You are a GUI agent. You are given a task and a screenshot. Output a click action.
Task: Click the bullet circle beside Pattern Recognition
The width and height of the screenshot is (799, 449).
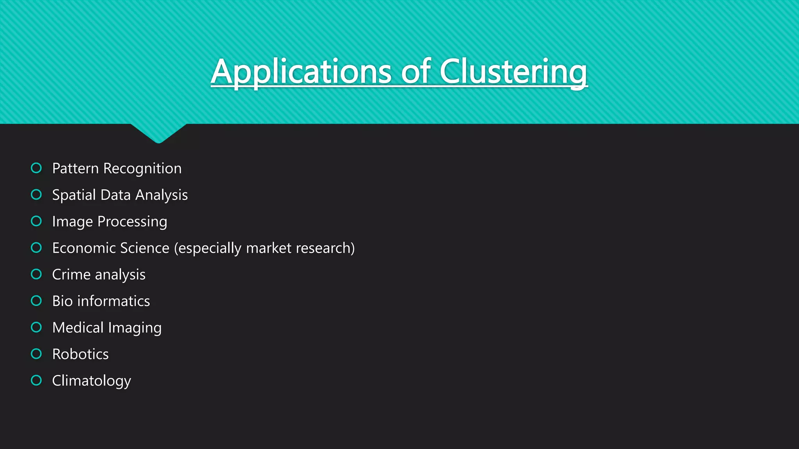point(36,168)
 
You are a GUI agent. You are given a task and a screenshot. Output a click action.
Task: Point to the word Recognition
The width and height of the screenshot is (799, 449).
point(142,168)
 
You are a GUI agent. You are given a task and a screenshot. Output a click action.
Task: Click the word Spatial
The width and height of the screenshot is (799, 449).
point(74,195)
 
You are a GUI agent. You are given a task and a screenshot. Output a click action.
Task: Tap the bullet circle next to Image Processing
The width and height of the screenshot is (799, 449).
point(36,221)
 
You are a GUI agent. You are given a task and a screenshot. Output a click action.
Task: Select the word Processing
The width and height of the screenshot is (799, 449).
point(132,221)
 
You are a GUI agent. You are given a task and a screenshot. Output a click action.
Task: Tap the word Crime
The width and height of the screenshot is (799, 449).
point(71,274)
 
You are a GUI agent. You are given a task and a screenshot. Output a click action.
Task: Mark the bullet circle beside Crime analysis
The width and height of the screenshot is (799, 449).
point(36,274)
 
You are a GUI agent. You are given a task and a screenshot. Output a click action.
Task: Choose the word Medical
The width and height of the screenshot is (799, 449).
point(78,327)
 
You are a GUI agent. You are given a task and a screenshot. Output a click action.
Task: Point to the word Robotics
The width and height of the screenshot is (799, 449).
point(80,354)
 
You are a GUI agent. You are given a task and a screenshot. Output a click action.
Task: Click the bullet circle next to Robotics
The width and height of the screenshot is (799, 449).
point(36,354)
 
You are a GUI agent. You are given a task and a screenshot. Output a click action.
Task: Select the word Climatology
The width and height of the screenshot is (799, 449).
point(92,380)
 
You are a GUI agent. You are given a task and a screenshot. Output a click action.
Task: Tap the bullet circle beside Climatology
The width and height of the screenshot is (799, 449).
point(36,380)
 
